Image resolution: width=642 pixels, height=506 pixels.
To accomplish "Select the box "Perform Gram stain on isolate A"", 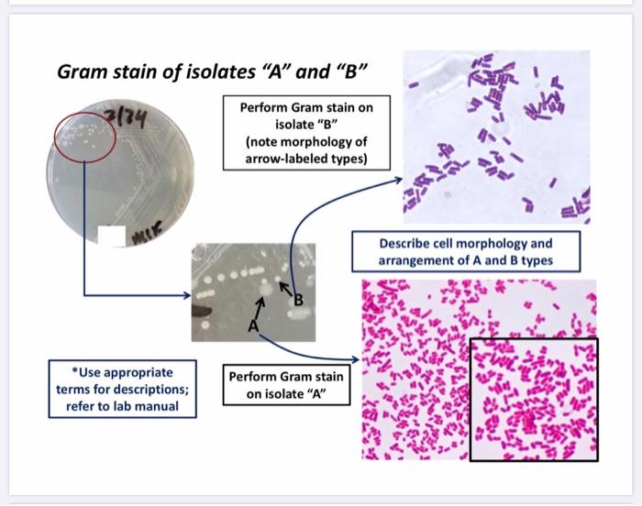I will pyautogui.click(x=285, y=385).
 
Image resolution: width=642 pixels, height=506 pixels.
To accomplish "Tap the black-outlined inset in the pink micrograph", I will pyautogui.click(x=533, y=399).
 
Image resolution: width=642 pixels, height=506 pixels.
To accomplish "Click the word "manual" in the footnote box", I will pyautogui.click(x=160, y=406).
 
